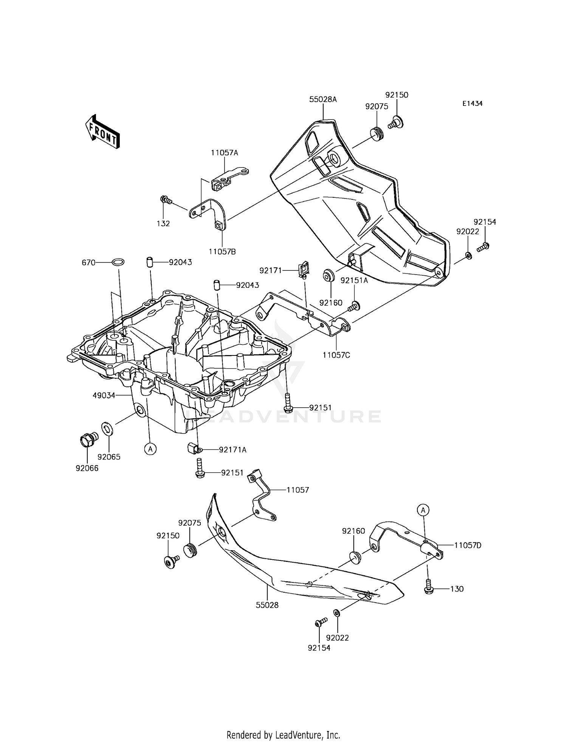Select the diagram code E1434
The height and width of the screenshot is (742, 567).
(x=472, y=104)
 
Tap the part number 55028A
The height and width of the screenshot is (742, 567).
(x=323, y=99)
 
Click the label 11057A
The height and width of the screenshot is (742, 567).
(x=225, y=153)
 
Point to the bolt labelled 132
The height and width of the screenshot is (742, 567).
(x=166, y=200)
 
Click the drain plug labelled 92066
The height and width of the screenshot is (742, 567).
(x=87, y=440)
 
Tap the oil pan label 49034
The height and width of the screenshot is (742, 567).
(x=104, y=396)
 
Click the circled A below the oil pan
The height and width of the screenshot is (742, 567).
(x=150, y=449)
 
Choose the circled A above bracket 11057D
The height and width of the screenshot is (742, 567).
(x=423, y=510)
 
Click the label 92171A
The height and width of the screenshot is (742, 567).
(x=233, y=450)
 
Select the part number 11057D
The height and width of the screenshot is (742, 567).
(x=468, y=545)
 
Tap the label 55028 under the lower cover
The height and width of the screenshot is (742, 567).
(x=267, y=605)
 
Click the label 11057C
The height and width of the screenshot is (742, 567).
(x=336, y=355)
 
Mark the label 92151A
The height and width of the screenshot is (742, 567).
(x=354, y=280)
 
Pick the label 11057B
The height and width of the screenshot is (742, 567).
(x=222, y=251)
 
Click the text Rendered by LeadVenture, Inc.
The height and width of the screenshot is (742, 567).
(x=283, y=725)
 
